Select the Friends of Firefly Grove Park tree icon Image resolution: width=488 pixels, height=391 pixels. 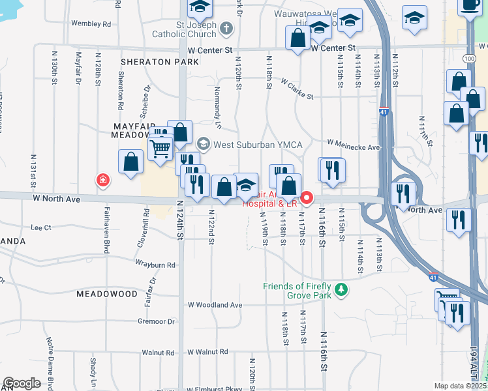(339, 289)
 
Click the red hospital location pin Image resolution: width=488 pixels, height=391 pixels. (305, 197)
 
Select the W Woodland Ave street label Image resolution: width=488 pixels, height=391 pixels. (215, 304)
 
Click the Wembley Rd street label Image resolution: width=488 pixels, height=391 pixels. (91, 23)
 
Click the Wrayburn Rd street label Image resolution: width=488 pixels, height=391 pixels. (155, 265)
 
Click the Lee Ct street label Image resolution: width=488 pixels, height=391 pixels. (41, 228)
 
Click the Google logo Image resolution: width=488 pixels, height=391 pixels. (22, 383)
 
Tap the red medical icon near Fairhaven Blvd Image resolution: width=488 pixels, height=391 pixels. (102, 180)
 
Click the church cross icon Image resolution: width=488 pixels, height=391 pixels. (226, 27)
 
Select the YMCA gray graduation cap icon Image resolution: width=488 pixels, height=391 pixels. (203, 143)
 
